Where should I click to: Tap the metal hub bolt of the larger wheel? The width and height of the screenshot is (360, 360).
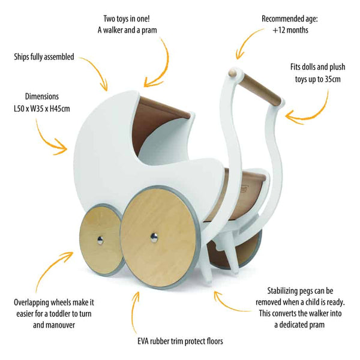pyautogui.click(x=155, y=238)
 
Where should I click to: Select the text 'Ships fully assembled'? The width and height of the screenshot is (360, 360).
pyautogui.click(x=44, y=58)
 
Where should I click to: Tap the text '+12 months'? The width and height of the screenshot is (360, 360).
pyautogui.click(x=290, y=29)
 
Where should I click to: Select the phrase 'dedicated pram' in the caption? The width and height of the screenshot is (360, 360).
pyautogui.click(x=302, y=324)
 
